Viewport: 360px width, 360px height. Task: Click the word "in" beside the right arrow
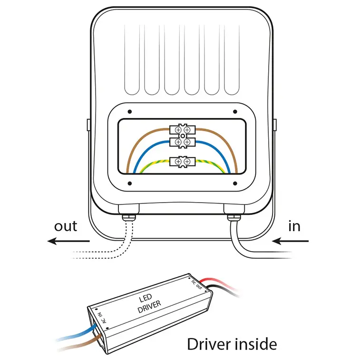pos(294,226)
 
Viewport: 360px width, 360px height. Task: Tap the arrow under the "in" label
pos(291,242)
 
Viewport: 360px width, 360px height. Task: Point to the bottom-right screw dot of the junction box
pos(234,182)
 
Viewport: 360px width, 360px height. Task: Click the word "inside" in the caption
pos(253,343)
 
